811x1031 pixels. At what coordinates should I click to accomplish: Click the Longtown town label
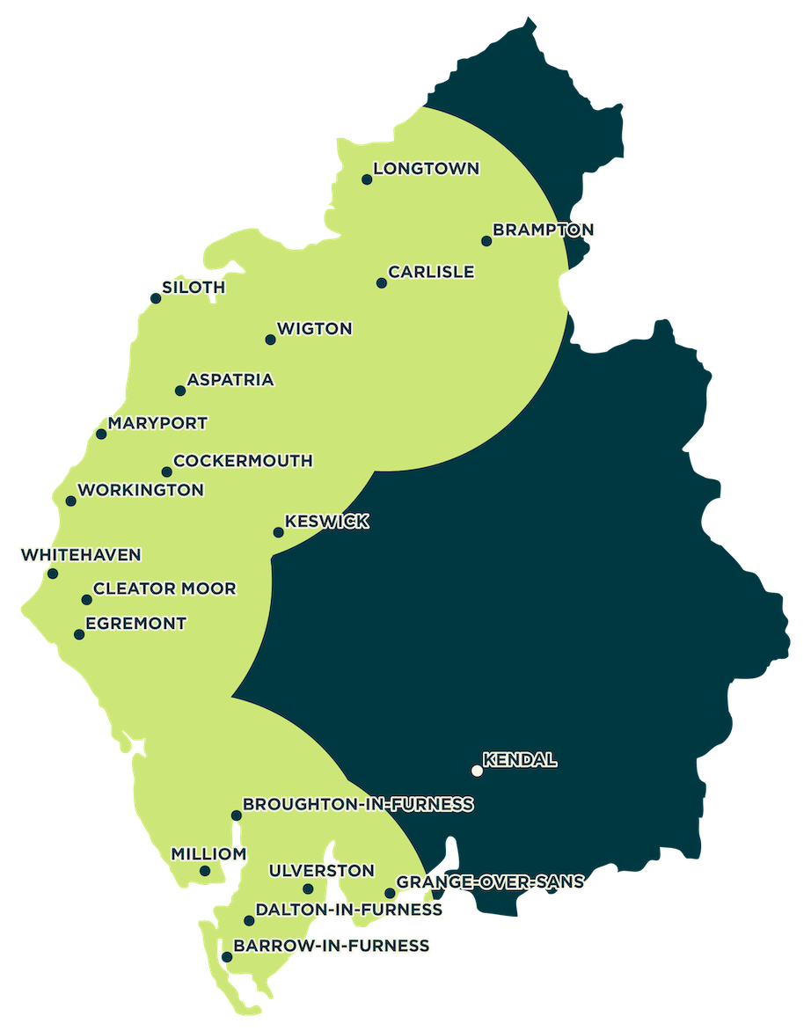point(427,168)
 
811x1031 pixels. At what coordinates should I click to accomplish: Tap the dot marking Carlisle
point(381,283)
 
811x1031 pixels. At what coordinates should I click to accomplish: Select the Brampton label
point(544,230)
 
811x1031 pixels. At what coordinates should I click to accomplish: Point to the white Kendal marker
point(477,771)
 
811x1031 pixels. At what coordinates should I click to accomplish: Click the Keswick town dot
point(278,532)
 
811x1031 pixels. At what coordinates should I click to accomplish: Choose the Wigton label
point(314,329)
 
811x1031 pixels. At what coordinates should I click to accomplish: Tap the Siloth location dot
point(156,298)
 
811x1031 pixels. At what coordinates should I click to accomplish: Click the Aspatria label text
point(230,380)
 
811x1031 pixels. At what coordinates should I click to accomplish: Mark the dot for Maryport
point(101,434)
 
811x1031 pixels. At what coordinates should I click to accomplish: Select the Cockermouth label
point(243,461)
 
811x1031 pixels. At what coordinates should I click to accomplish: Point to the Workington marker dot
point(71,501)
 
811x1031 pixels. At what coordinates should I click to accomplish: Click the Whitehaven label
point(80,555)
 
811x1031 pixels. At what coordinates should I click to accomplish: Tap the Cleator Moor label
point(164,589)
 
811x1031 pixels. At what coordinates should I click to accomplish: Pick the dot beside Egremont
point(79,634)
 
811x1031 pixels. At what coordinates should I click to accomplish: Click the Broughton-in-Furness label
point(358,804)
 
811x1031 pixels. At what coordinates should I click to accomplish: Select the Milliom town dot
point(205,871)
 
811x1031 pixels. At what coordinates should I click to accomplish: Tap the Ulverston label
point(321,871)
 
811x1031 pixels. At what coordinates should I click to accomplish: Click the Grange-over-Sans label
point(491,881)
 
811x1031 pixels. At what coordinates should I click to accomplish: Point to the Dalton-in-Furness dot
point(250,921)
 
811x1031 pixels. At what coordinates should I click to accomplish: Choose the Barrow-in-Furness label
point(332,946)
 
